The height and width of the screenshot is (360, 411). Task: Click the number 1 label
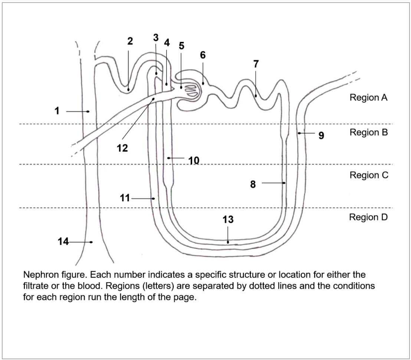point(57,111)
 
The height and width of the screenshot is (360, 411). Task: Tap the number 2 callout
point(130,41)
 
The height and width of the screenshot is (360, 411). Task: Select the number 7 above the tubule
point(256,63)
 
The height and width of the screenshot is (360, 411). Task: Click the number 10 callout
point(193,160)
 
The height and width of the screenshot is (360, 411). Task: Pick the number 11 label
point(125,198)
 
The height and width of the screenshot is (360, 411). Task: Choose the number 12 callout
point(122,148)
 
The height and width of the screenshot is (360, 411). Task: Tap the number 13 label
point(228,219)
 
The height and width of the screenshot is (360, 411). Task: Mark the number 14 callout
point(63,242)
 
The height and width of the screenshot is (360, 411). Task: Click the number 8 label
point(253,184)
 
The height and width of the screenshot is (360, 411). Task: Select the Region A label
point(368,98)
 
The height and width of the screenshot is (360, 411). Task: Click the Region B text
point(368,132)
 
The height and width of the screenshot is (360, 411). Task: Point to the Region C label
point(369,175)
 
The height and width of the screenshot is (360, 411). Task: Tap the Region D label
point(368,217)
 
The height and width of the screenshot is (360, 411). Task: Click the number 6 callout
point(203,55)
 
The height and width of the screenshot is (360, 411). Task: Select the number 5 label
point(181,46)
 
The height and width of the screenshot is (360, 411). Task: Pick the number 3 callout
point(156,37)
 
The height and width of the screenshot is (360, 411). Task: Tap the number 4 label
point(167,43)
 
